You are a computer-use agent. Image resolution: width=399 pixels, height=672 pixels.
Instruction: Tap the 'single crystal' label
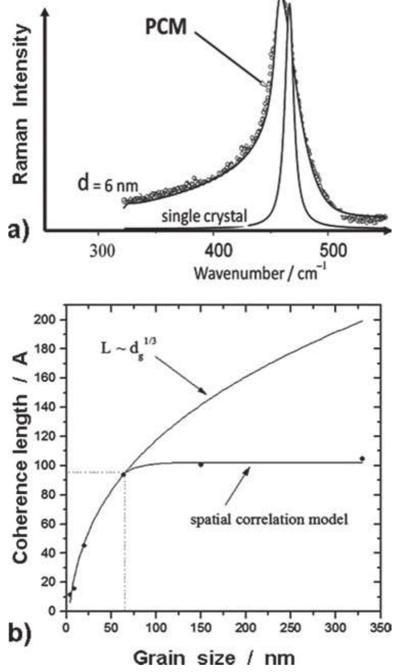point(204,218)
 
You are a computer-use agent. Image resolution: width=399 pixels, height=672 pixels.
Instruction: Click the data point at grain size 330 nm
point(362,459)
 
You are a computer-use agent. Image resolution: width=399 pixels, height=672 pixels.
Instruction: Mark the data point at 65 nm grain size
point(123,475)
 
